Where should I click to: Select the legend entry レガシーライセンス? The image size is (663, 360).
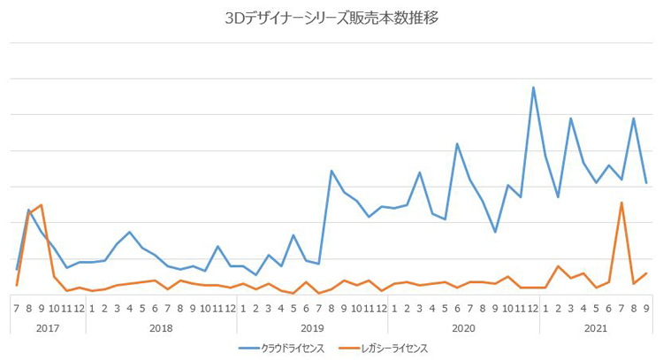tap(394, 349)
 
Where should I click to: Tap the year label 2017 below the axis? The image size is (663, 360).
tap(48, 328)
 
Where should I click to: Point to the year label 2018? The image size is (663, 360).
tap(161, 328)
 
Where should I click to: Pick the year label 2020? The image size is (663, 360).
tap(463, 328)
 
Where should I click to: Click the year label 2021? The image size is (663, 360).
tap(596, 328)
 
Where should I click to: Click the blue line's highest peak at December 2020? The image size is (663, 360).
tap(533, 88)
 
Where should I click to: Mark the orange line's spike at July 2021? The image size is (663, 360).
tap(621, 203)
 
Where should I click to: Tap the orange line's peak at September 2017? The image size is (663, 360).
tap(42, 205)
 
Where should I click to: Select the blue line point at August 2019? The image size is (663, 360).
tap(331, 171)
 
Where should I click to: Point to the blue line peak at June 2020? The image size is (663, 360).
tap(457, 143)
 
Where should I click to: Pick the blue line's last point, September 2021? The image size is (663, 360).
tap(646, 183)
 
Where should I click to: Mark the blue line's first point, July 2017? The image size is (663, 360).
tap(17, 268)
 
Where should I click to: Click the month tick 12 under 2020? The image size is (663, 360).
tap(533, 308)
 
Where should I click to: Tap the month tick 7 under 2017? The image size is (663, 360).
tap(17, 308)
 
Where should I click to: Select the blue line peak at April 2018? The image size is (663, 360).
tap(130, 232)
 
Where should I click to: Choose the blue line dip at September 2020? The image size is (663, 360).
tap(495, 232)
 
